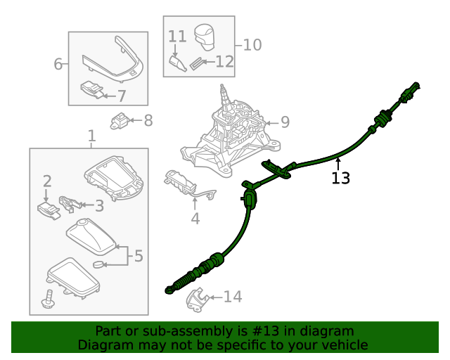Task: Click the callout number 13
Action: point(340,178)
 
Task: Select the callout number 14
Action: point(232,297)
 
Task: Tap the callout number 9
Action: point(285,122)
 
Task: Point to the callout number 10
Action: point(252,45)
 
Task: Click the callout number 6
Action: point(58,65)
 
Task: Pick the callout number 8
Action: point(148,120)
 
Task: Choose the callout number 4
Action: point(195,219)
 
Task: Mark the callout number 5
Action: point(139,256)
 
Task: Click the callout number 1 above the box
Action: point(91,135)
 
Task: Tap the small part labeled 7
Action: point(91,89)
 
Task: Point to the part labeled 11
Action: point(179,64)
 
